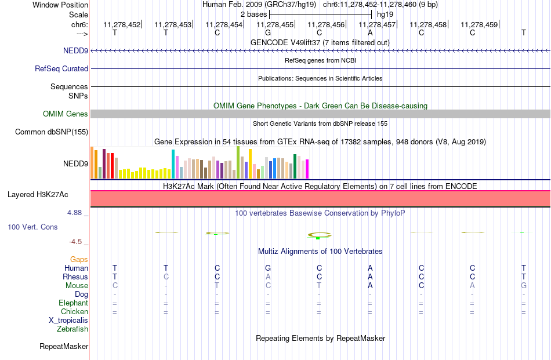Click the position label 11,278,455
pyautogui.click(x=275, y=24)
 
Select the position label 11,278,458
pyautogui.click(x=428, y=24)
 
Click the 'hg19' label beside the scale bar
pyautogui.click(x=385, y=14)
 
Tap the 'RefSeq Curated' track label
pyautogui.click(x=61, y=68)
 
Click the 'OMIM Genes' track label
pyautogui.click(x=66, y=114)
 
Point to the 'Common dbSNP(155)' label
pyautogui.click(x=52, y=132)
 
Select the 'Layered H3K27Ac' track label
pyautogui.click(x=38, y=195)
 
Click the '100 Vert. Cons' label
pyautogui.click(x=32, y=227)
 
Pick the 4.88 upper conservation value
pyautogui.click(x=74, y=213)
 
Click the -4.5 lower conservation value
pyautogui.click(x=75, y=242)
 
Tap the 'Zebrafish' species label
pyautogui.click(x=72, y=329)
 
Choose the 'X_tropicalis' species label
pyautogui.click(x=68, y=321)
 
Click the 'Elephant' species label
pyautogui.click(x=74, y=303)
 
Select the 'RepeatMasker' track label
pyautogui.click(x=64, y=346)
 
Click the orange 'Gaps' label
pyautogui.click(x=79, y=259)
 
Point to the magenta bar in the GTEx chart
pyautogui.click(x=307, y=169)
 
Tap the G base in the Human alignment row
pyautogui.click(x=268, y=268)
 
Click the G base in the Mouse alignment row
pyautogui.click(x=524, y=286)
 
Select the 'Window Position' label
pyautogui.click(x=60, y=5)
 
